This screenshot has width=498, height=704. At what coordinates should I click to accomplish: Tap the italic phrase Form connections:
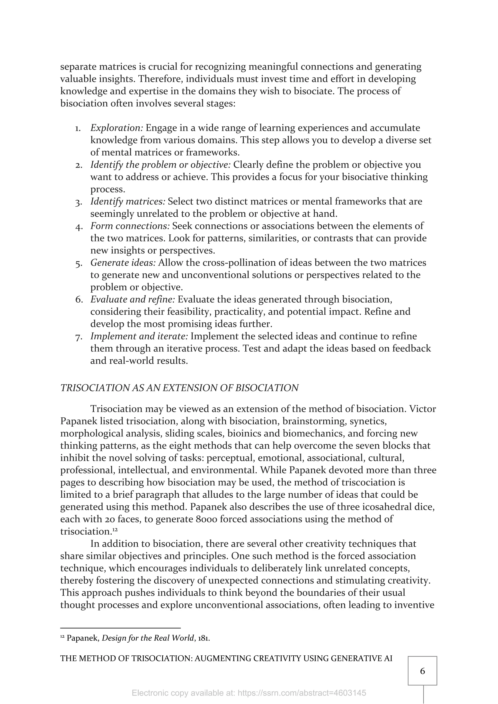[x=130, y=226]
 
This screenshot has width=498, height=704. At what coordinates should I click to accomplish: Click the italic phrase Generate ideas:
[x=123, y=263]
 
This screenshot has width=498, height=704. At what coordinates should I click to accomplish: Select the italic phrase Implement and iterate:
[x=139, y=336]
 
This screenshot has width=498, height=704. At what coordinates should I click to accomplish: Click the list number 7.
[x=78, y=337]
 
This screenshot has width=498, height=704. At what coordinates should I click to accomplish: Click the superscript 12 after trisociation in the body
[x=115, y=529]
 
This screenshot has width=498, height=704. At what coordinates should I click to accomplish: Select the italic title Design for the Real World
[x=148, y=638]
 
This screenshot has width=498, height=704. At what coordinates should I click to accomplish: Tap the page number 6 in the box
[x=422, y=671]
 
